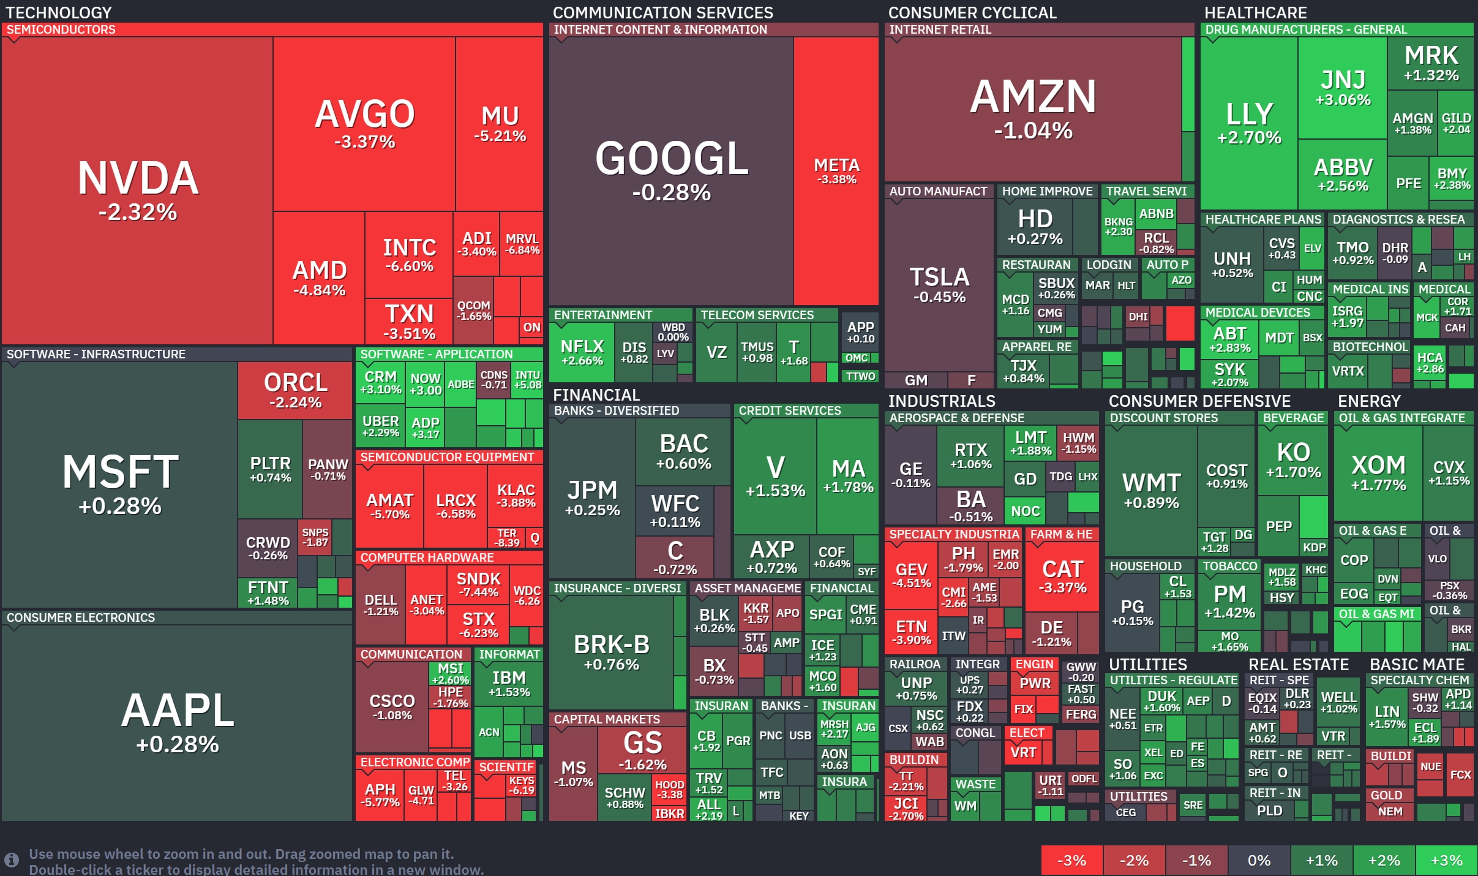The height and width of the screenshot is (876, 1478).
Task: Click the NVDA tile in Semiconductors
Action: click(137, 191)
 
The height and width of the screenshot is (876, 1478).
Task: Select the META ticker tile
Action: click(836, 171)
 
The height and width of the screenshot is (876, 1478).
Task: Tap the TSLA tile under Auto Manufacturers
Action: click(939, 285)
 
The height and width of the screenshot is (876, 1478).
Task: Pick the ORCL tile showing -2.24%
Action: click(295, 390)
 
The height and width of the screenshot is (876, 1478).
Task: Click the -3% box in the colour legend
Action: click(1072, 861)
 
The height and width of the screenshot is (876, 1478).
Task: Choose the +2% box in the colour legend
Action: click(1384, 861)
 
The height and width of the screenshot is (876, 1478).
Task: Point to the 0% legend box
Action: click(1259, 861)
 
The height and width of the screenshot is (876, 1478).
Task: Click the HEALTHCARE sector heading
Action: click(1255, 12)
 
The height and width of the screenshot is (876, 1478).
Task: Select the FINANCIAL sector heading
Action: click(596, 395)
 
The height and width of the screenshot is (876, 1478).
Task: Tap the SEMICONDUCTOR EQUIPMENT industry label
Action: click(447, 457)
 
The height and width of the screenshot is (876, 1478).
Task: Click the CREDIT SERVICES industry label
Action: click(790, 410)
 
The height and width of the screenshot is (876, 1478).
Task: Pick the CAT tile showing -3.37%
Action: click(1062, 576)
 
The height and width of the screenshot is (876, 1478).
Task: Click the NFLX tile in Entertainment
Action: click(582, 352)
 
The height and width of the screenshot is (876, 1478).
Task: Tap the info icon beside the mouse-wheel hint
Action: click(11, 860)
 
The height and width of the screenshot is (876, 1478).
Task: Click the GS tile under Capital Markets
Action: click(642, 750)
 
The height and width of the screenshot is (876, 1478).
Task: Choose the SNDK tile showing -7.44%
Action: click(478, 584)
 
